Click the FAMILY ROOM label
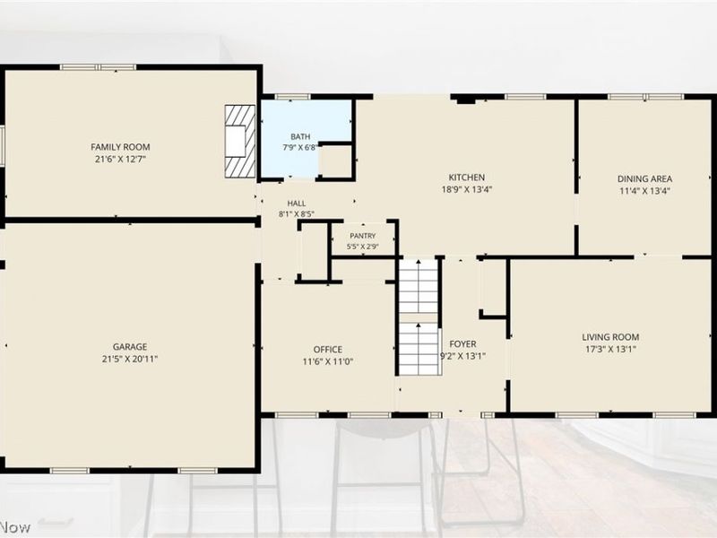pyautogui.click(x=120, y=147)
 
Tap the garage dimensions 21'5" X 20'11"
pyautogui.click(x=130, y=360)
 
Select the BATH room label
pyautogui.click(x=300, y=136)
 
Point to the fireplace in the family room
pyautogui.click(x=240, y=141)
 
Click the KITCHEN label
pyautogui.click(x=467, y=178)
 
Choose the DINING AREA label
pyautogui.click(x=644, y=178)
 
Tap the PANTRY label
pyautogui.click(x=363, y=236)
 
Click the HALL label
pyautogui.click(x=297, y=204)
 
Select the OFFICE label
pyautogui.click(x=328, y=350)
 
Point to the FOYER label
pyautogui.click(x=462, y=344)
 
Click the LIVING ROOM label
pyautogui.click(x=610, y=337)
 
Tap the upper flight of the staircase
pyautogui.click(x=419, y=286)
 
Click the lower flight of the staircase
pyautogui.click(x=419, y=349)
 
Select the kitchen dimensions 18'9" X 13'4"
pyautogui.click(x=467, y=189)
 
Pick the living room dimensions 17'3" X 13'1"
pyautogui.click(x=610, y=349)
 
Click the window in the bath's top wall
pyautogui.click(x=293, y=97)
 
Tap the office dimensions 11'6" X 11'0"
pyautogui.click(x=328, y=361)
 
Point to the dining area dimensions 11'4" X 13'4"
pyautogui.click(x=644, y=191)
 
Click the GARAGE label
pyautogui.click(x=130, y=347)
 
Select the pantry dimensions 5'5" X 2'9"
pyautogui.click(x=363, y=247)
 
